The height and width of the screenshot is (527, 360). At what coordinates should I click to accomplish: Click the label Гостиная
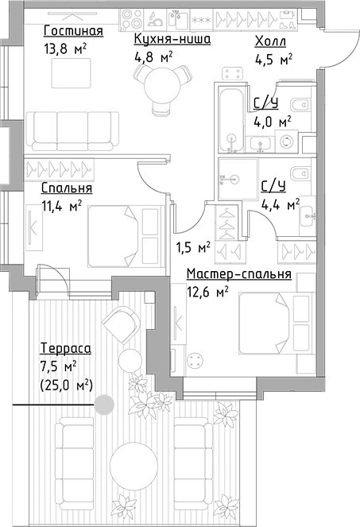point(74,31)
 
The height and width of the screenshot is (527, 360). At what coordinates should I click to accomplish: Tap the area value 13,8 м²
point(65,48)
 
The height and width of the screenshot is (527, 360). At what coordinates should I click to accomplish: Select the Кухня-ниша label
point(172,38)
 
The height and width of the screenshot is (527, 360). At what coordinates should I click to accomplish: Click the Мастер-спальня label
point(238,274)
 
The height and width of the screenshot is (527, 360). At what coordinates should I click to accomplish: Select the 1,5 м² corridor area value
point(192,247)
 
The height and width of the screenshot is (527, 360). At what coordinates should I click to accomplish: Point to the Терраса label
point(66,348)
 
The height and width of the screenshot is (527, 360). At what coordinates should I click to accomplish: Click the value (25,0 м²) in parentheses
point(66,385)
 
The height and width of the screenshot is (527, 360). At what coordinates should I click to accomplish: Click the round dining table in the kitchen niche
point(163,82)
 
